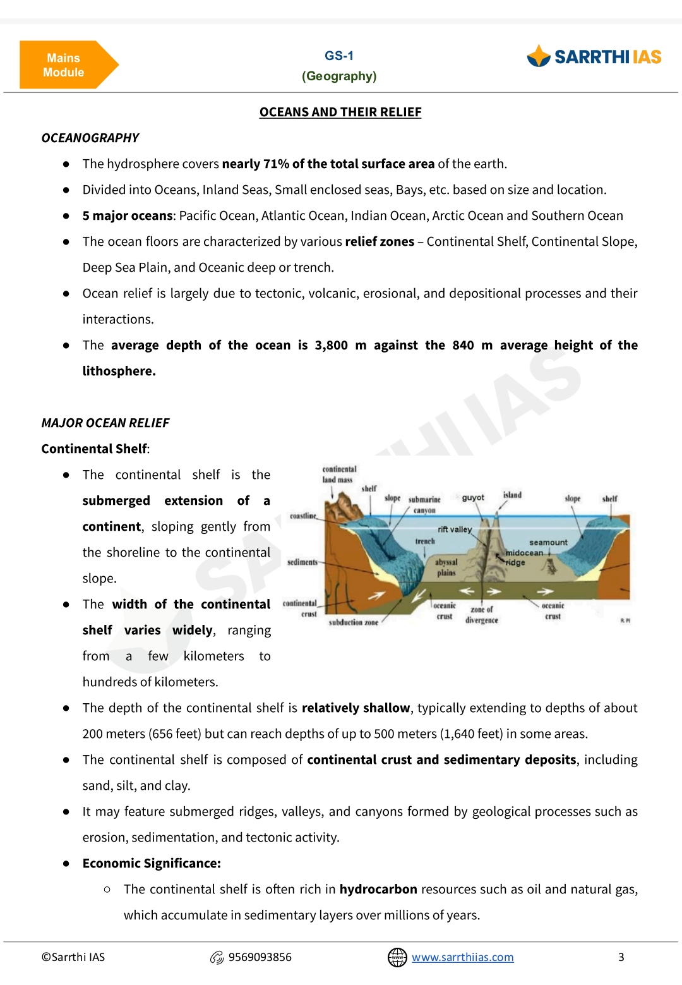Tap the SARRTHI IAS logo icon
[x=539, y=56]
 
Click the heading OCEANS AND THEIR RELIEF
[x=340, y=112]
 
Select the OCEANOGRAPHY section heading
[x=90, y=138]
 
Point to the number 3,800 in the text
[x=332, y=346]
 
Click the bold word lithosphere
[x=119, y=372]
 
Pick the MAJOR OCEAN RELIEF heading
[x=105, y=423]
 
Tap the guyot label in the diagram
[x=473, y=498]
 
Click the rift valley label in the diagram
[x=455, y=529]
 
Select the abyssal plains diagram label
[x=446, y=567]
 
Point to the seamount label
[x=548, y=543]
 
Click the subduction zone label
[x=354, y=622]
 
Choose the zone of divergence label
[x=482, y=615]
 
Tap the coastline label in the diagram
[x=303, y=516]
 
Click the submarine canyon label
[x=424, y=504]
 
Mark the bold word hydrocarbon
[x=378, y=890]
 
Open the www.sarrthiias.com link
[x=463, y=957]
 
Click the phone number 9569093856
[x=260, y=957]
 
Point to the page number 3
[x=621, y=957]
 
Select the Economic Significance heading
[x=152, y=864]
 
